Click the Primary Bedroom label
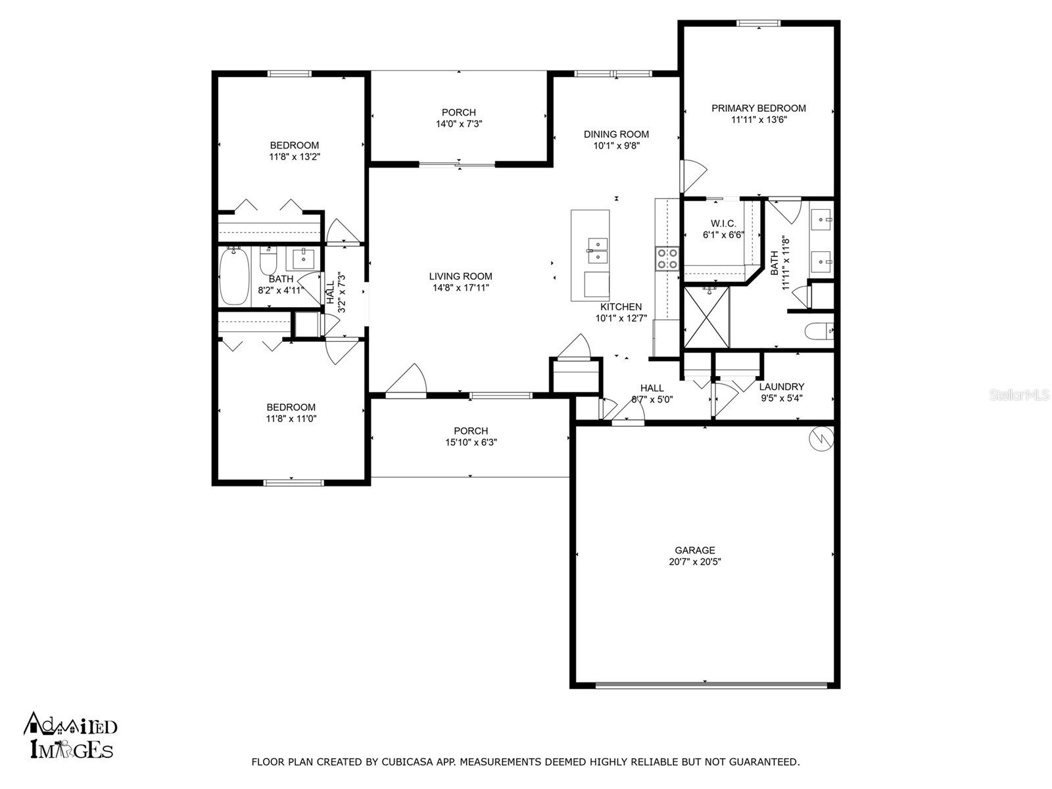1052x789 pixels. click(x=758, y=108)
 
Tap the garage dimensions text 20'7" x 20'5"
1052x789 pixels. click(x=694, y=562)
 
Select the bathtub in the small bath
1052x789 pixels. click(x=233, y=276)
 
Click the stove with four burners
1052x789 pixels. click(x=667, y=258)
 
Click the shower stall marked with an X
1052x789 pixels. click(x=707, y=317)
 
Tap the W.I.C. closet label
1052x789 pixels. click(x=723, y=224)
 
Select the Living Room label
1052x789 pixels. click(x=460, y=277)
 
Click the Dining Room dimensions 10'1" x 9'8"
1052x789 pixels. click(x=616, y=146)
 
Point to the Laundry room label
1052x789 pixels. click(x=781, y=387)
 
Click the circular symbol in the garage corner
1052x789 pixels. click(x=821, y=439)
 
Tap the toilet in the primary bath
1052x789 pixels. click(x=819, y=331)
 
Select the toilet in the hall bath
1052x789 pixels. click(x=268, y=262)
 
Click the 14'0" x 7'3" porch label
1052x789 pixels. click(x=459, y=124)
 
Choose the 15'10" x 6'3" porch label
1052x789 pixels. click(x=471, y=442)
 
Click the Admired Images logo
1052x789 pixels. click(x=70, y=735)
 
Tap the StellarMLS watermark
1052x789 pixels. click(x=1019, y=395)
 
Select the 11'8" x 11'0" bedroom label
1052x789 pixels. click(x=291, y=418)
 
